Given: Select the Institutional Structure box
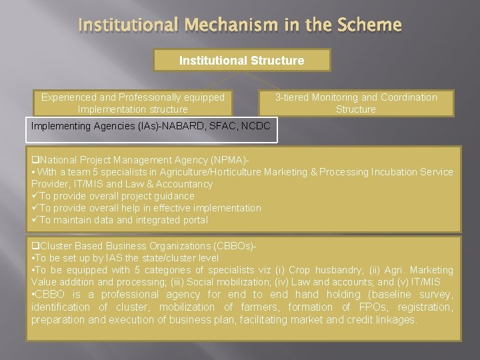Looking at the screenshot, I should [241, 61].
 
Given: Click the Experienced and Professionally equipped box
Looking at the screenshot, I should [133, 103].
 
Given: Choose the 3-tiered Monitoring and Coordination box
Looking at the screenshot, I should [356, 103].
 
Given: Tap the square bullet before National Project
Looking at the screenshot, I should [35, 161].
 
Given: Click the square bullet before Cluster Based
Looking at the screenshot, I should [35, 247].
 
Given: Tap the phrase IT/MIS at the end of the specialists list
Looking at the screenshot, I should [436, 282].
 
